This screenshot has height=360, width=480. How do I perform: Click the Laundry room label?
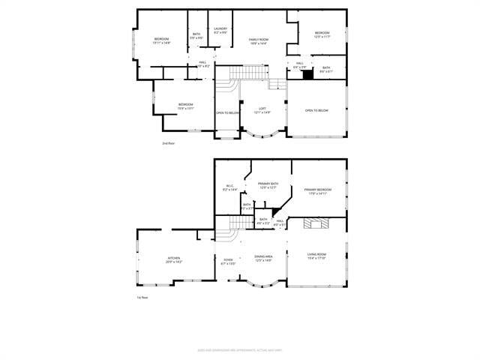click(220, 31)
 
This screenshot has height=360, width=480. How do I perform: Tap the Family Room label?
click(258, 40)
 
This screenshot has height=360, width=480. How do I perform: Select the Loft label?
click(262, 110)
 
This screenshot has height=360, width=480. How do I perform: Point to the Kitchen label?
click(173, 260)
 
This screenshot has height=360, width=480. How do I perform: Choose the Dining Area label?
click(263, 259)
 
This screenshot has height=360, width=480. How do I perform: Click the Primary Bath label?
click(268, 185)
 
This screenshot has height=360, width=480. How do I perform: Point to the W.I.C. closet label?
click(229, 188)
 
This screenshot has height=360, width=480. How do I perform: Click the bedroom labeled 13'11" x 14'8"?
click(163, 40)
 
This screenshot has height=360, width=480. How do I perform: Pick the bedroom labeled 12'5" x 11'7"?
click(322, 34)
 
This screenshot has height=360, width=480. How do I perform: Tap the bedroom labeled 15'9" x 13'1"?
click(185, 106)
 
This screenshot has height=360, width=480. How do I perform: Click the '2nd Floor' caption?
click(168, 142)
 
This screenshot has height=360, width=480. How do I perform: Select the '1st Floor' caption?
click(141, 298)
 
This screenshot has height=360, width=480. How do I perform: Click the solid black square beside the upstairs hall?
click(307, 73)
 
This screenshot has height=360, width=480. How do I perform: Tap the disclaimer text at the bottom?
click(240, 349)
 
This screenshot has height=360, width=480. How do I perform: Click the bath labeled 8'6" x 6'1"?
click(326, 70)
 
